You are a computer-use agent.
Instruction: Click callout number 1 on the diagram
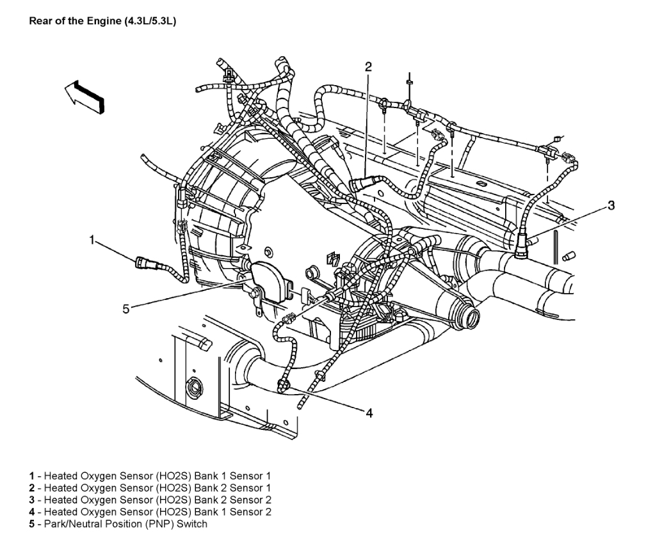click(x=92, y=241)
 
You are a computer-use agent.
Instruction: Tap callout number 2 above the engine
click(x=368, y=67)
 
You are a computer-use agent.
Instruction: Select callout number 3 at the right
click(x=611, y=205)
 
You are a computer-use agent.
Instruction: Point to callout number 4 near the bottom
click(x=369, y=413)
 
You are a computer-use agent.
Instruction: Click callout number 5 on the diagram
click(x=127, y=309)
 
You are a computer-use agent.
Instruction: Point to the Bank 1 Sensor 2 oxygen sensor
click(x=282, y=384)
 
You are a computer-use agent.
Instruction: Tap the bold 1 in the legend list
click(x=31, y=477)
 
